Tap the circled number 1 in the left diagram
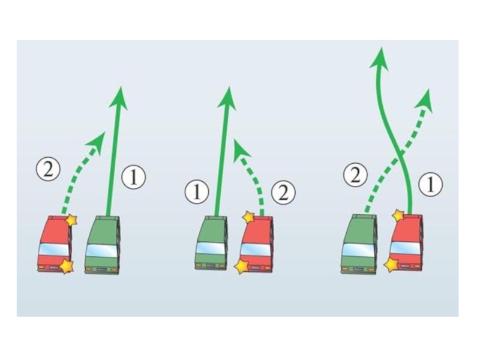point(133,177)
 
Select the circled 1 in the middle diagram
point(196,193)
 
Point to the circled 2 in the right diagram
point(355,175)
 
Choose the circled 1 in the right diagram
point(430,185)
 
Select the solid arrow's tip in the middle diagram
point(227,97)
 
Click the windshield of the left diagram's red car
point(53,249)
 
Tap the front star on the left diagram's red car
point(71,220)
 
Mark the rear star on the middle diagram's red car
point(241,266)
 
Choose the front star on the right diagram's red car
point(398,215)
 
